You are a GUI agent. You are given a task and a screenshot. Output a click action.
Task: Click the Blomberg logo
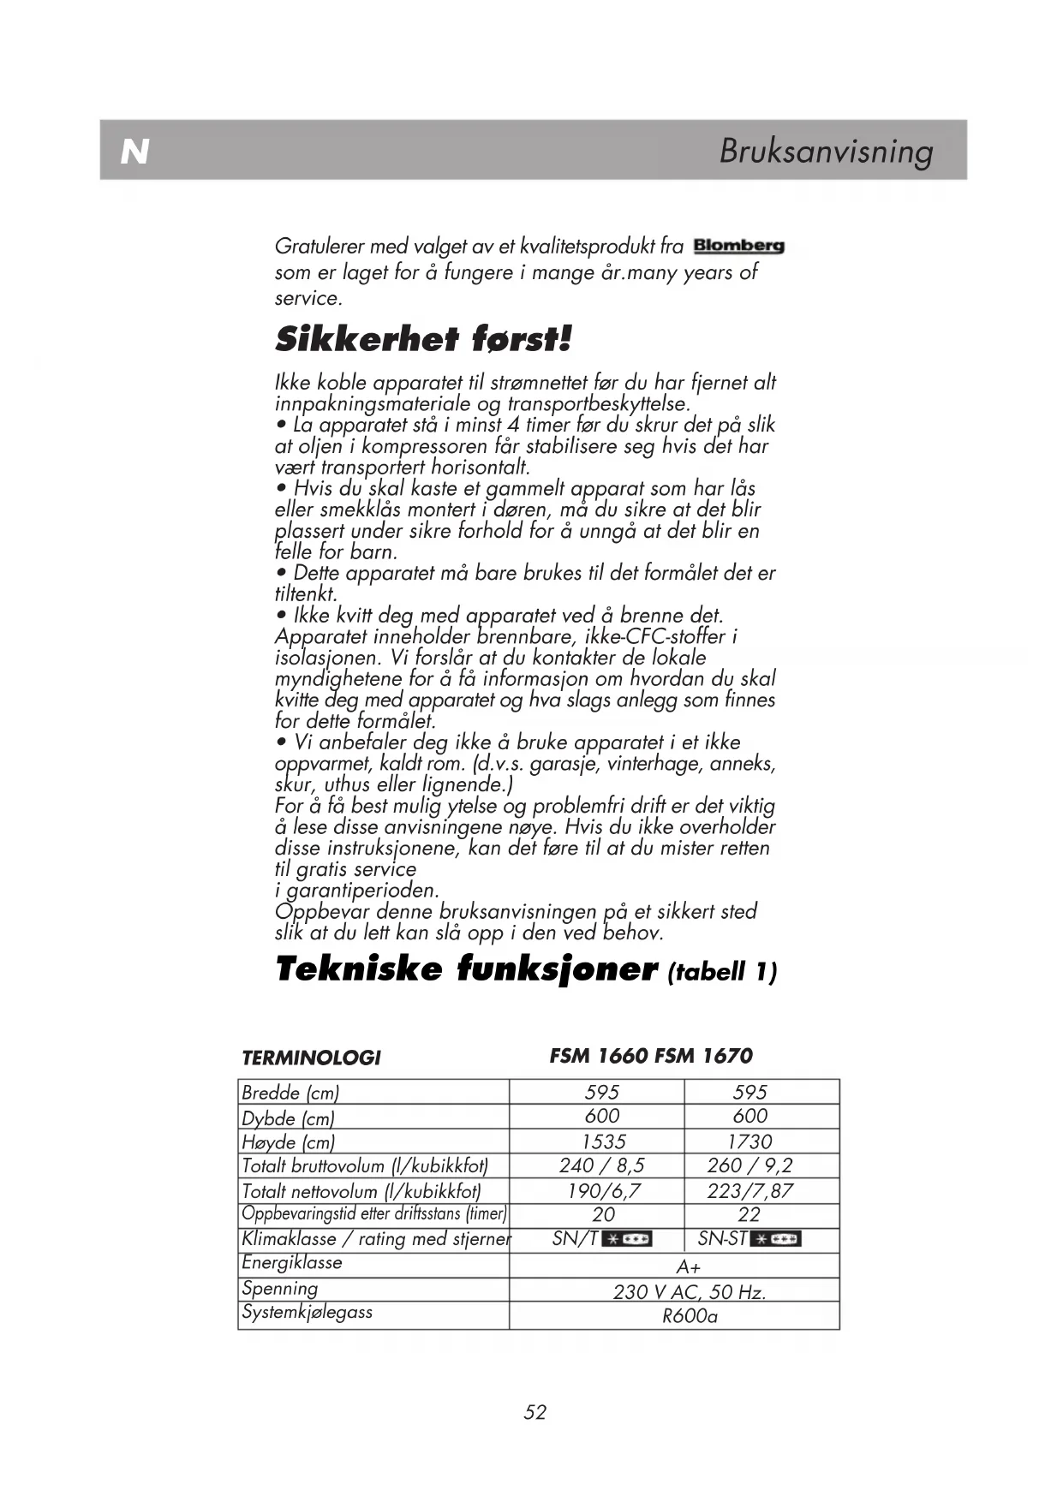click(x=738, y=247)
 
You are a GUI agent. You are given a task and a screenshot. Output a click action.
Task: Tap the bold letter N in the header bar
click(x=134, y=152)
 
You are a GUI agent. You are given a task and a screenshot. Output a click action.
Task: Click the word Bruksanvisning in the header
click(x=826, y=151)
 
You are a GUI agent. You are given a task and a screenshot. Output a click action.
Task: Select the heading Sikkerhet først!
click(x=423, y=340)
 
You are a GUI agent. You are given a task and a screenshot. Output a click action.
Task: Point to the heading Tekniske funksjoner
click(x=467, y=969)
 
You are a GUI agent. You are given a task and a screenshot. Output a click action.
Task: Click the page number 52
click(x=535, y=1412)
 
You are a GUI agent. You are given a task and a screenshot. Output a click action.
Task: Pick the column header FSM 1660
click(x=599, y=1056)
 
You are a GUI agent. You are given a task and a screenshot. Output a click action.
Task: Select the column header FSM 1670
click(x=703, y=1056)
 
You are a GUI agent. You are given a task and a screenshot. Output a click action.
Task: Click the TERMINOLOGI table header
click(x=311, y=1058)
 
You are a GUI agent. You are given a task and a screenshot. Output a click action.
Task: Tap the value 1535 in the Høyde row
click(x=603, y=1141)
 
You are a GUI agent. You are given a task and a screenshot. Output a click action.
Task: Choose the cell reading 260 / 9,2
click(x=749, y=1165)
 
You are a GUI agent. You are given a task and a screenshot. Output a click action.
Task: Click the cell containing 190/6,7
click(x=603, y=1190)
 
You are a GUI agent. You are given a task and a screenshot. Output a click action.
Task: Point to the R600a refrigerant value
click(x=690, y=1316)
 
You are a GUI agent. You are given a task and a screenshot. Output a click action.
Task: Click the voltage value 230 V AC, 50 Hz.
click(x=689, y=1292)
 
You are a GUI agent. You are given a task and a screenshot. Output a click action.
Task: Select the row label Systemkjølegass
click(x=307, y=1312)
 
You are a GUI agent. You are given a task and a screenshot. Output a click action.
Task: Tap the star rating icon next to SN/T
click(x=627, y=1239)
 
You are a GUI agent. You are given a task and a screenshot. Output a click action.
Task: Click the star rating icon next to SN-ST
click(x=775, y=1239)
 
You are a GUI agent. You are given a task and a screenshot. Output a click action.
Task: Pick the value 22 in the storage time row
click(x=749, y=1214)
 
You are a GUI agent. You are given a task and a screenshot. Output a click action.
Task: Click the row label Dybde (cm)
click(x=288, y=1118)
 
